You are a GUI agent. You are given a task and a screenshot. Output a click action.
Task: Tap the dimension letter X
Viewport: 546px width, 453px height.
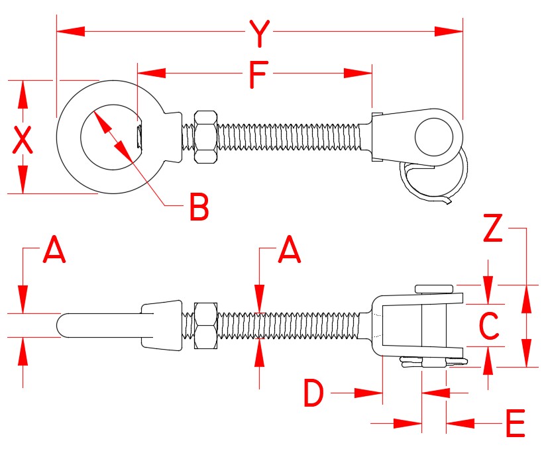pyautogui.click(x=23, y=140)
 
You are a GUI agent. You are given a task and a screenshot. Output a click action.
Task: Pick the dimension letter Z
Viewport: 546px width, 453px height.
pyautogui.click(x=492, y=229)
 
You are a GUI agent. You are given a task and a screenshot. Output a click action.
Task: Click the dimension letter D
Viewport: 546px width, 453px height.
pyautogui.click(x=314, y=394)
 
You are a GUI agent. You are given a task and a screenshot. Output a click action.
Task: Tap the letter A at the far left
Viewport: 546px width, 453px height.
pyautogui.click(x=54, y=251)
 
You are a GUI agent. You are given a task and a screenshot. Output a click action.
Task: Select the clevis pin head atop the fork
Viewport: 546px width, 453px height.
pyautogui.click(x=434, y=289)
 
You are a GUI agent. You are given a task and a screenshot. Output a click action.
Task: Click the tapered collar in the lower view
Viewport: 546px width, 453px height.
pyautogui.click(x=161, y=325)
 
